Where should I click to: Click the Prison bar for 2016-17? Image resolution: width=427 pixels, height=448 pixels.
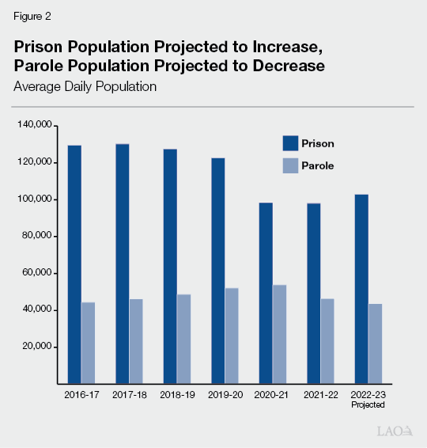74,264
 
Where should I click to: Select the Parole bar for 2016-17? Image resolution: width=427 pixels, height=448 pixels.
88,343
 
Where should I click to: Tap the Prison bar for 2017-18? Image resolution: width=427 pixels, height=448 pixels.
122,264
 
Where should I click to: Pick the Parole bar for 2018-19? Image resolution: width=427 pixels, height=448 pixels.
183,339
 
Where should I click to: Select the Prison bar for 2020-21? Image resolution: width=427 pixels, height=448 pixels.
266,293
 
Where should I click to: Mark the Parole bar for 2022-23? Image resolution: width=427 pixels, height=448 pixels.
375,344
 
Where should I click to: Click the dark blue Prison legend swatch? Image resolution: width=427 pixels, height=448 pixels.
290,143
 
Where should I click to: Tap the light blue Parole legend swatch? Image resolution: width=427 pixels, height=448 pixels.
290,165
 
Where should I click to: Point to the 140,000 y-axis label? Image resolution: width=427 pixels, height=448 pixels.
34,125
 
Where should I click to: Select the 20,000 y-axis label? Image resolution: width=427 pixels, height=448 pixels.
36,347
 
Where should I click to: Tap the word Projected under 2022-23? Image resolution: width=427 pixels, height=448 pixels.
368,405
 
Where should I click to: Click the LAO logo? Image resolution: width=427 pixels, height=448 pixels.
395,431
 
